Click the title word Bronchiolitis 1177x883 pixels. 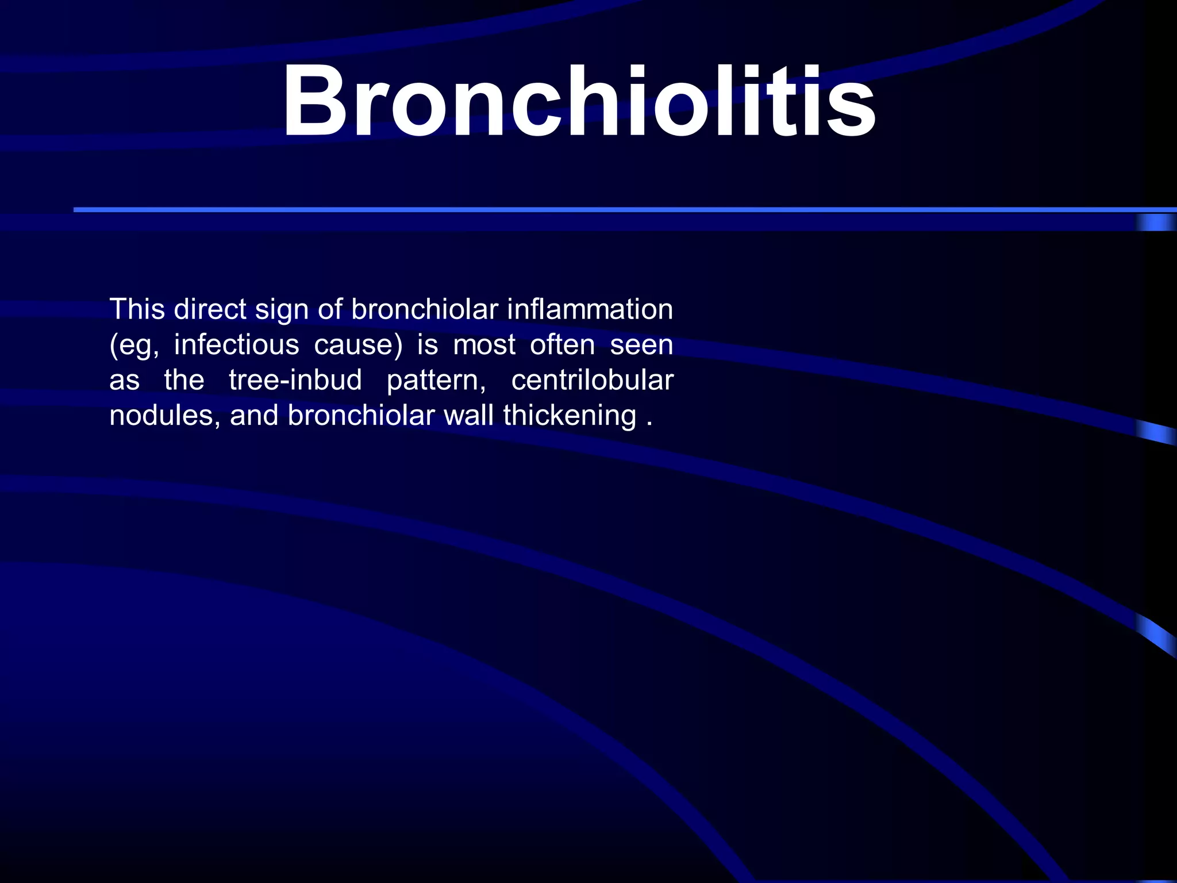(578, 102)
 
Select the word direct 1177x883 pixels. (210, 309)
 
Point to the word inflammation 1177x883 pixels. (590, 309)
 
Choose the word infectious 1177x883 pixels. (236, 345)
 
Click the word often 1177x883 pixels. (562, 345)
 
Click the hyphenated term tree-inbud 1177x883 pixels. (295, 380)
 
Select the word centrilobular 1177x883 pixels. (592, 380)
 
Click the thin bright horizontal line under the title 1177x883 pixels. (575, 210)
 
